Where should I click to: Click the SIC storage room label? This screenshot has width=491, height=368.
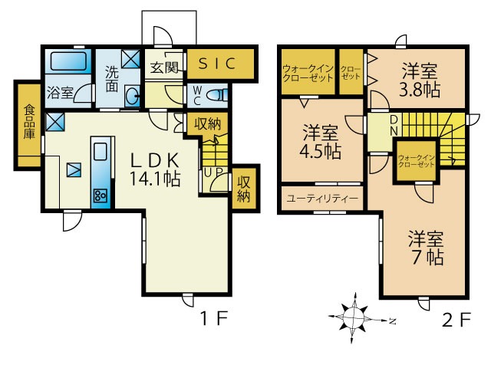tap(217, 64)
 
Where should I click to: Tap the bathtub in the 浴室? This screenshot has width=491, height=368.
tap(68, 61)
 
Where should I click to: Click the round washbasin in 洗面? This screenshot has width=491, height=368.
tap(132, 96)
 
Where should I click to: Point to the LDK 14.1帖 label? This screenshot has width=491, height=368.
tap(155, 169)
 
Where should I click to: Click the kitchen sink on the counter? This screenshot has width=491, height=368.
tap(101, 152)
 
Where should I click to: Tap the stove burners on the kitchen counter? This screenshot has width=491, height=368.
tap(101, 195)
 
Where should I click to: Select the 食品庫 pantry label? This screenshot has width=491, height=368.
tap(29, 122)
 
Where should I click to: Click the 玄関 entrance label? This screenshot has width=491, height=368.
tap(164, 67)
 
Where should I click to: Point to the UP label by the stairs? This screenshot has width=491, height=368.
tap(213, 172)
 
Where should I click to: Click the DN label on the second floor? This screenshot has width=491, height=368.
tap(394, 126)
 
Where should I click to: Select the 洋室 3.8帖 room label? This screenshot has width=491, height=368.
tap(420, 80)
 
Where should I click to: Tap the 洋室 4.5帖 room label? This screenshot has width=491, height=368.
tap(321, 142)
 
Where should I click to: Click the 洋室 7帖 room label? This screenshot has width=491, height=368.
tap(427, 248)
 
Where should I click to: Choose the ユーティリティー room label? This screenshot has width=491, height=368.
tap(322, 199)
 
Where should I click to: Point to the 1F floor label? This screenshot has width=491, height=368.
tap(214, 319)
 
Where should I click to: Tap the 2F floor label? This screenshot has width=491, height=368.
tap(456, 320)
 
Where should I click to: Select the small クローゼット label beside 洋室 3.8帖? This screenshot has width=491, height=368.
tap(351, 72)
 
